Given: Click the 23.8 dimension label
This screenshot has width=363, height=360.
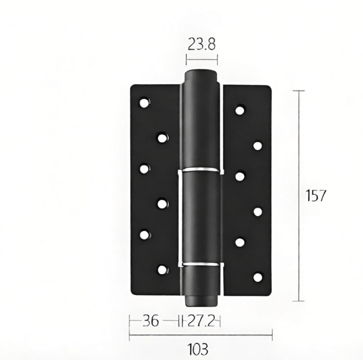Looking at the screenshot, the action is click(202, 44).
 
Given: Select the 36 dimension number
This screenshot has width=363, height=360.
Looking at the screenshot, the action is click(151, 321).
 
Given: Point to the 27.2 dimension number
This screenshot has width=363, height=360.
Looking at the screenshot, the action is click(201, 321).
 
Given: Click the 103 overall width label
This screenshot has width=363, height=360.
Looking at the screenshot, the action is click(198, 349).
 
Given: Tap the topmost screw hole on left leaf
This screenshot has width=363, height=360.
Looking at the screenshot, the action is click(145, 103).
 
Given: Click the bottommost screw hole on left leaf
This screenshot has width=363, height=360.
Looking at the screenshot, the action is click(163, 270).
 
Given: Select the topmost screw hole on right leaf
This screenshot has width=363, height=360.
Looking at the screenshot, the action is click(240, 110).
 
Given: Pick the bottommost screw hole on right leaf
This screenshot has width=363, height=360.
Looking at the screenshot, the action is click(258, 277).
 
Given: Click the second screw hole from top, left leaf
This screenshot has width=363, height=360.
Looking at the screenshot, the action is click(163, 138).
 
